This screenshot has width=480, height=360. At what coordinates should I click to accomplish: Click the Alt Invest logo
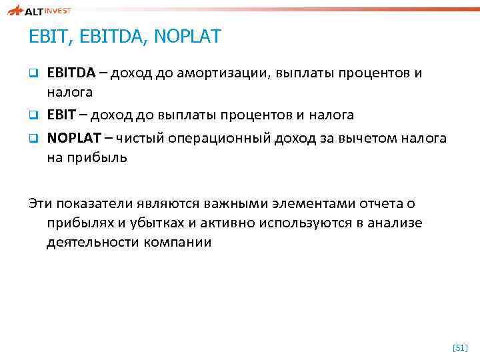click(39, 11)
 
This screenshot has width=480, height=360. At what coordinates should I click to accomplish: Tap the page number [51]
click(460, 347)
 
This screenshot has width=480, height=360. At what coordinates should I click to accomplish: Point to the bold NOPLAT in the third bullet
click(72, 139)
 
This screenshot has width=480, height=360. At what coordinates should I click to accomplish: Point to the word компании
click(178, 242)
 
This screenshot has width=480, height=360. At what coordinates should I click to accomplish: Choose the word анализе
click(398, 223)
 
